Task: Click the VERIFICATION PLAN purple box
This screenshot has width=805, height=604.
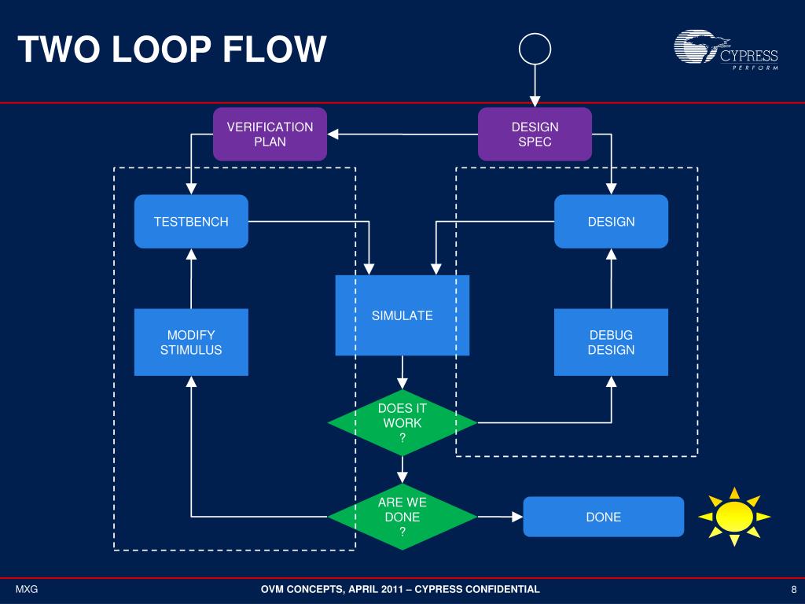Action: [x=270, y=134]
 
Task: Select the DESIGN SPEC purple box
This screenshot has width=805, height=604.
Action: [x=535, y=134]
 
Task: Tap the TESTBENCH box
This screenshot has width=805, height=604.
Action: [x=191, y=222]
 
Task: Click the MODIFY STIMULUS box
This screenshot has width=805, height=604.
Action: [x=191, y=342]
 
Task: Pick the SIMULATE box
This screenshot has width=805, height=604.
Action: [x=402, y=315]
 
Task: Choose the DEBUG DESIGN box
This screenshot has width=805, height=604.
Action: [x=611, y=342]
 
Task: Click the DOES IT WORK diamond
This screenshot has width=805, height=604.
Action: [x=402, y=423]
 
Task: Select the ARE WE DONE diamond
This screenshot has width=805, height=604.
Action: [x=402, y=517]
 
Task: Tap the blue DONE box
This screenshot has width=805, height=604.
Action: [x=603, y=517]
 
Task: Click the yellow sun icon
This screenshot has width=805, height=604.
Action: [x=734, y=517]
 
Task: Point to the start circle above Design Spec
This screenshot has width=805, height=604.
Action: [x=535, y=50]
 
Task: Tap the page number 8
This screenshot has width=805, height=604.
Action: [x=794, y=590]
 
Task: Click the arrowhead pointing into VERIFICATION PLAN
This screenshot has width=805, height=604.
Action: [x=333, y=134]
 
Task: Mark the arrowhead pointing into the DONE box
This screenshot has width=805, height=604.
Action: [x=516, y=517]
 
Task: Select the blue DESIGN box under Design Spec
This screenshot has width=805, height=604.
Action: [x=611, y=222]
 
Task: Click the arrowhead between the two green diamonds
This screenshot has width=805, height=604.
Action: [x=402, y=478]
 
